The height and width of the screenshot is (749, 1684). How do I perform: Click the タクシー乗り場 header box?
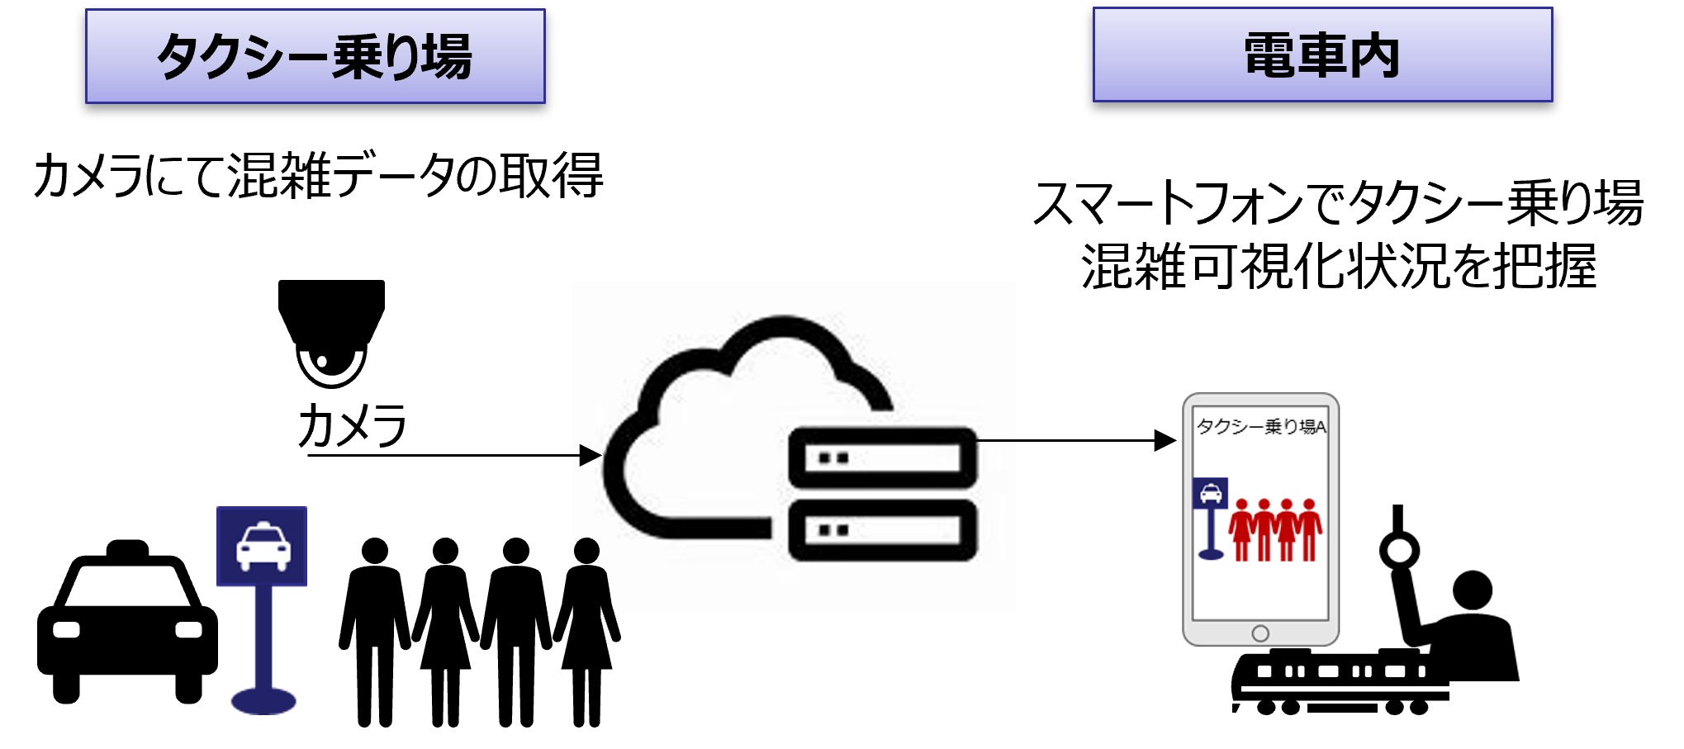tap(315, 56)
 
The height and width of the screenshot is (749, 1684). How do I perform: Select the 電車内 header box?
tap(1322, 55)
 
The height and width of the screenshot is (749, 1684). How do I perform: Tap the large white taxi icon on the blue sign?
tap(263, 547)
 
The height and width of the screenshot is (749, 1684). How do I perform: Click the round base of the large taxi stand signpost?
tap(263, 701)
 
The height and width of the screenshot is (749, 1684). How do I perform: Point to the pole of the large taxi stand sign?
tap(263, 636)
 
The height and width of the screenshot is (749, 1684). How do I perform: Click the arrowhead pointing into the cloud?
tap(590, 455)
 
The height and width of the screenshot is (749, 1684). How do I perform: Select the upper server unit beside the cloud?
tap(882, 457)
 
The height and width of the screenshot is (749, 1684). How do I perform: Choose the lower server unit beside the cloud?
tap(882, 529)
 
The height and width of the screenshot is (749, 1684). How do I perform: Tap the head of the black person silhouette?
tap(586, 550)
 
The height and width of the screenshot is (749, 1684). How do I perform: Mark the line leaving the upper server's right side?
tap(996, 441)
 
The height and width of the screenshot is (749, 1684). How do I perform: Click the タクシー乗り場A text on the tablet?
tap(1261, 426)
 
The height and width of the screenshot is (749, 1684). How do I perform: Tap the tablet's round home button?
tap(1260, 633)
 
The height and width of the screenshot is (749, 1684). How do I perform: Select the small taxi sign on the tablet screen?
tap(1211, 494)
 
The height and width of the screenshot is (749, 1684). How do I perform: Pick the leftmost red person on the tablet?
tap(1241, 529)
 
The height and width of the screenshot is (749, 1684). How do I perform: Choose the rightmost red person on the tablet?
tap(1309, 529)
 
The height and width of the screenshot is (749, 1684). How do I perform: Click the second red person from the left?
tap(1264, 529)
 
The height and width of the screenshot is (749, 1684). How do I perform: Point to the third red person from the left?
tap(1286, 529)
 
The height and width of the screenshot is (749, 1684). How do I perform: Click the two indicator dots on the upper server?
tap(833, 458)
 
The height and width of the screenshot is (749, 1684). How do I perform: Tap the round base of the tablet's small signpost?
tap(1211, 554)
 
